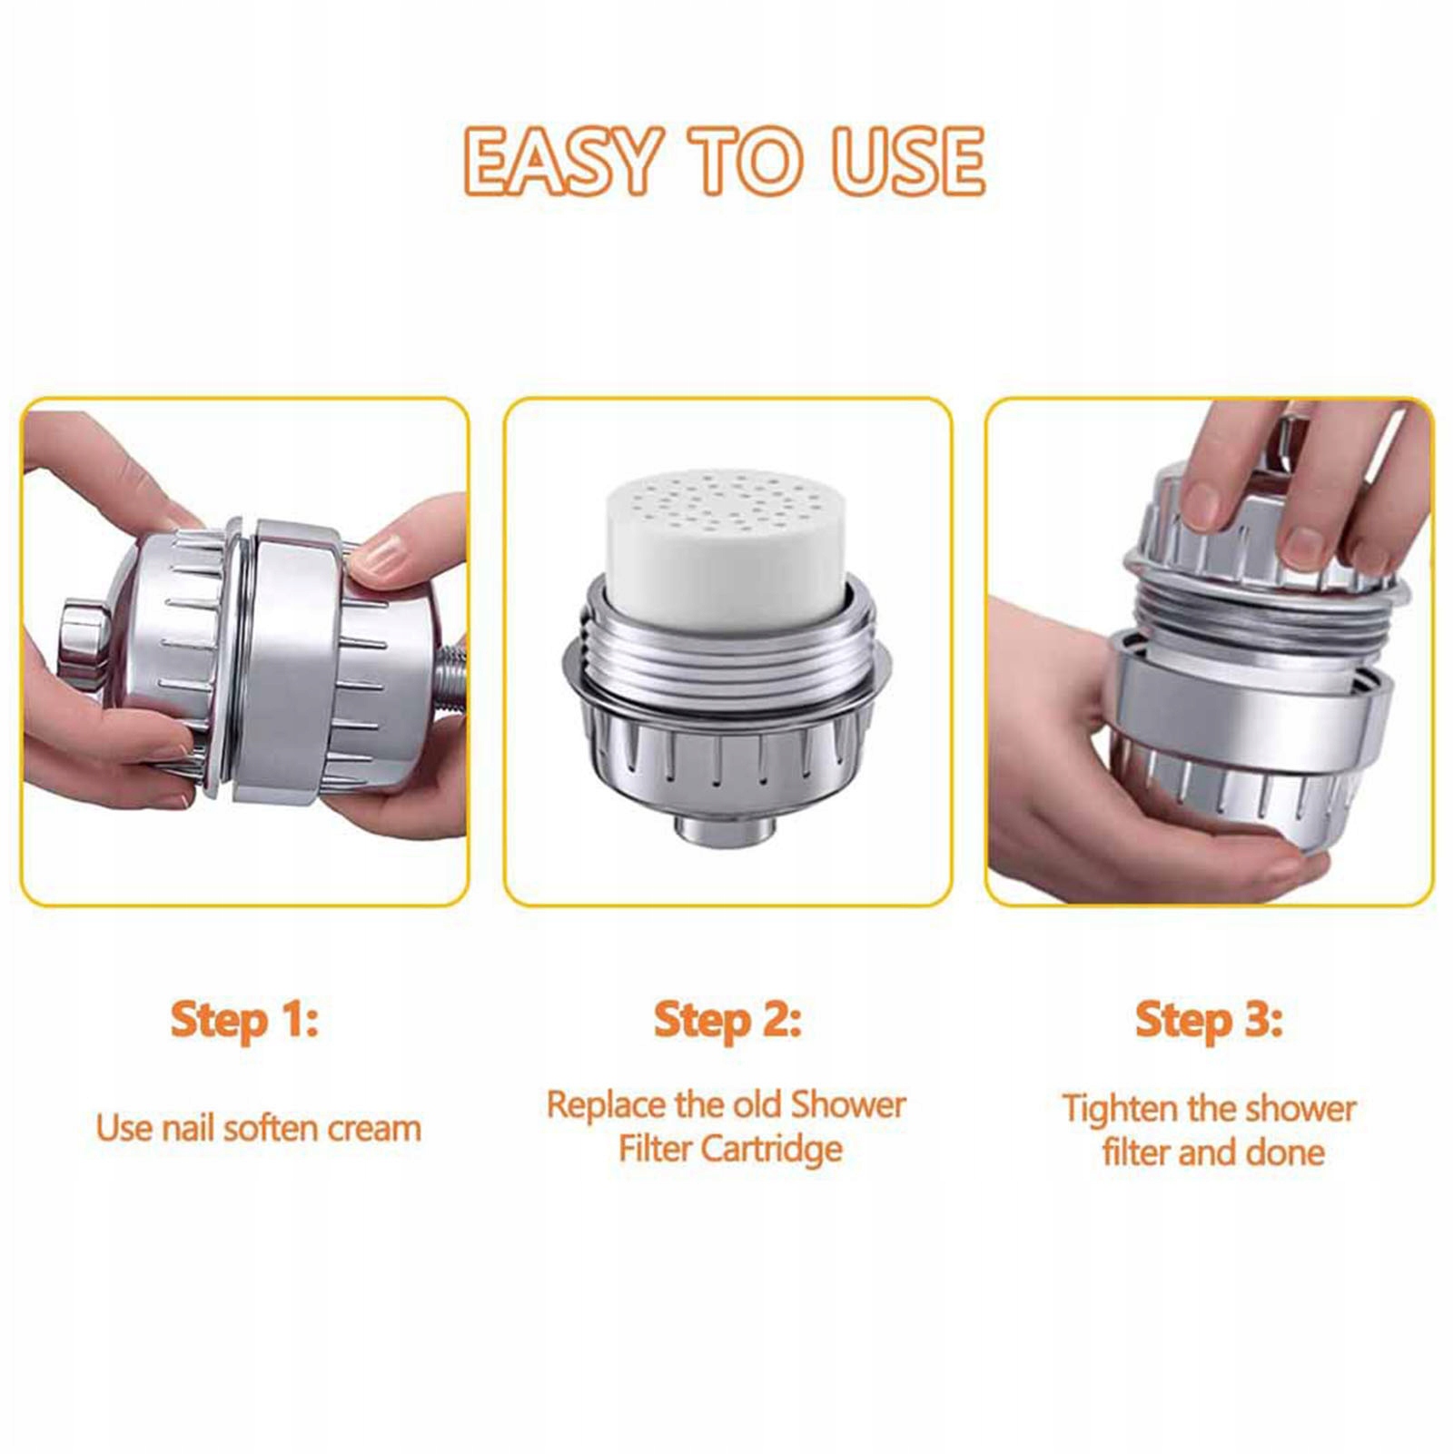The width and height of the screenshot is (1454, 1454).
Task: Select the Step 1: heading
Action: tap(245, 1020)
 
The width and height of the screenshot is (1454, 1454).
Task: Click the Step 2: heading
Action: tap(727, 1020)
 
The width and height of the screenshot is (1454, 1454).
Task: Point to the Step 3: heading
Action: tap(1209, 1020)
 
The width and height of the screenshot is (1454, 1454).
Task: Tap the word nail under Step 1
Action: tap(188, 1128)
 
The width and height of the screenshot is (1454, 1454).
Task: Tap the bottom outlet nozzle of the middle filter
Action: tap(726, 828)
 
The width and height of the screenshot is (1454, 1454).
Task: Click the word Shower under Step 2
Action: tap(848, 1105)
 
